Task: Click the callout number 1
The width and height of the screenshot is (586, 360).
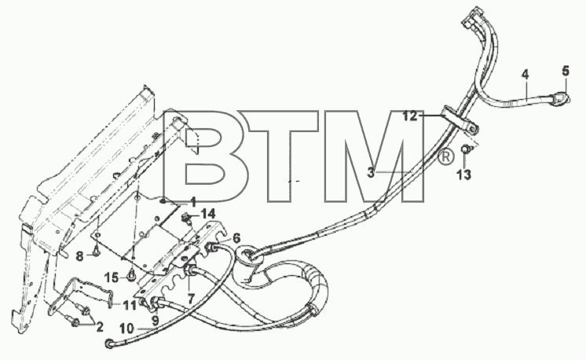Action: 192,203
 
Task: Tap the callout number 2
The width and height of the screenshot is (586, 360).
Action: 100,327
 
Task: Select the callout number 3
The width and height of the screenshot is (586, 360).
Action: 371,173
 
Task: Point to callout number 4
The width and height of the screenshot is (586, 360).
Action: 526,75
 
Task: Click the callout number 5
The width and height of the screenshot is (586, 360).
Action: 566,70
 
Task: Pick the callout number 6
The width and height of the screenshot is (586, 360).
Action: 236,238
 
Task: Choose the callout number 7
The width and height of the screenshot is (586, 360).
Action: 191,298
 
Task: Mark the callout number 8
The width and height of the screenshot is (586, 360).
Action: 79,256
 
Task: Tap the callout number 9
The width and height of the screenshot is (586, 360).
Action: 155,320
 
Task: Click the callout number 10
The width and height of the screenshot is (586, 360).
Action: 127,329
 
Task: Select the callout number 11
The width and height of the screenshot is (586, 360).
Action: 130,306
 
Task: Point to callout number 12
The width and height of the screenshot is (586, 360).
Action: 410,116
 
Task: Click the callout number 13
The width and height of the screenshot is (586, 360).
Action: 463,174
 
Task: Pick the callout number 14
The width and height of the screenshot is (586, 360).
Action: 208,215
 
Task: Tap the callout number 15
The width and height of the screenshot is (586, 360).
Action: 111,277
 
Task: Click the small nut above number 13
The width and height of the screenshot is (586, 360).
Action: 465,149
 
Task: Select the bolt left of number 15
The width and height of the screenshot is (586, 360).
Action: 131,277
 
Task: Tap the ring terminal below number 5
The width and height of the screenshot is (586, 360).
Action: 560,97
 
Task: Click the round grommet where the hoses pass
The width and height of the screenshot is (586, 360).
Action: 251,255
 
